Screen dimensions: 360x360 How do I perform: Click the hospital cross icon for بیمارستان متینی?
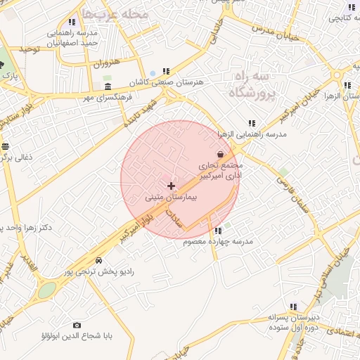click(171, 186)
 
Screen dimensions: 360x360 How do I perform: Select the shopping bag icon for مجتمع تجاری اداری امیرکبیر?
click(221, 154)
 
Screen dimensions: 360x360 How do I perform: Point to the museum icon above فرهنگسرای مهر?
click(108, 87)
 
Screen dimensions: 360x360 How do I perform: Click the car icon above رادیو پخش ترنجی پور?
click(98, 260)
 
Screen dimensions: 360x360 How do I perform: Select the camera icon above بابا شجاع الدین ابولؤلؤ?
click(77, 325)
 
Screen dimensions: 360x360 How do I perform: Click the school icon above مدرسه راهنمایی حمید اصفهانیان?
click(72, 22)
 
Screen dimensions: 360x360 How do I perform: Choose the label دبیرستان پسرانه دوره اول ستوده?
click(293, 323)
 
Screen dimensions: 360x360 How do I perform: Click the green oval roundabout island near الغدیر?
click(46, 290)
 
